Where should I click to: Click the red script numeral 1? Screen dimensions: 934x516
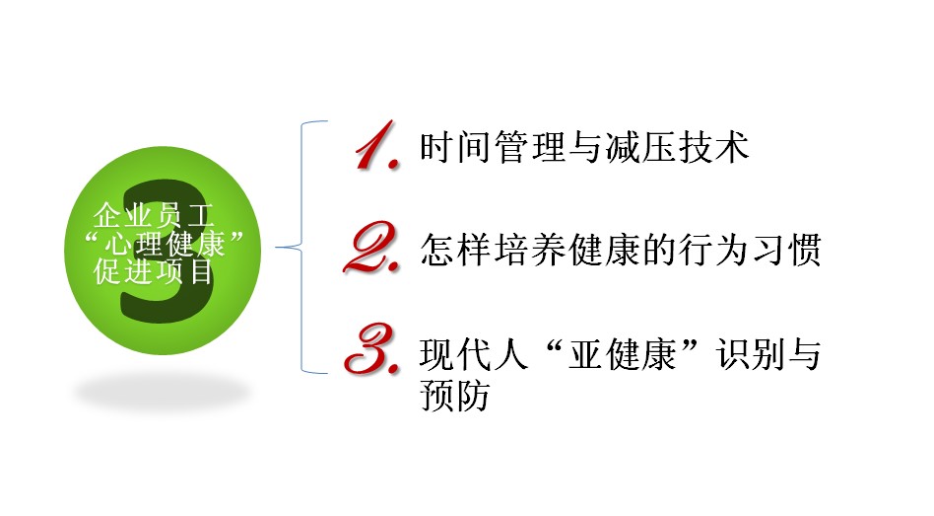376,146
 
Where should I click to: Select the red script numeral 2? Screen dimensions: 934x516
371,248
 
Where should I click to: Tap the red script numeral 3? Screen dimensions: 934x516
371,349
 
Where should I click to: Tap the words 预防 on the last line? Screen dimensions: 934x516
455,395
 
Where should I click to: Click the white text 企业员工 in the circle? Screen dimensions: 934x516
154,215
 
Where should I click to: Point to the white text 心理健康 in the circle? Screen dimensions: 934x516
165,244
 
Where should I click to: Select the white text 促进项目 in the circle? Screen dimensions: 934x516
154,271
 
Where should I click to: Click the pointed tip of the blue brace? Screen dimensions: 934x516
277,247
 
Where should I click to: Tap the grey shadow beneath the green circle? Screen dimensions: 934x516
162,393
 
